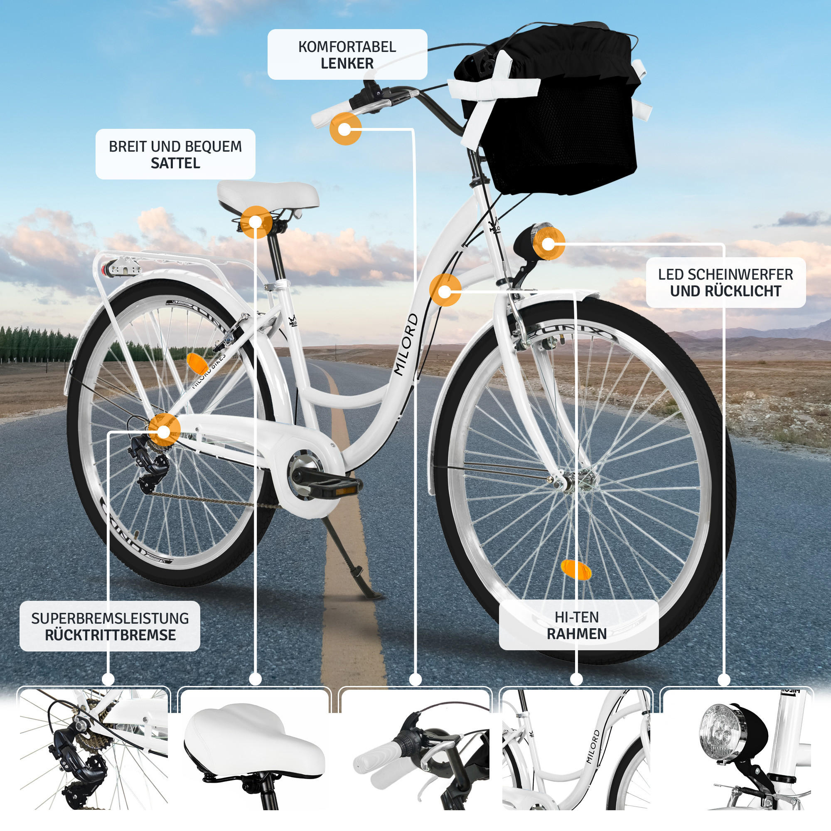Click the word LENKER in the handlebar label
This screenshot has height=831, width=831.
tap(347, 64)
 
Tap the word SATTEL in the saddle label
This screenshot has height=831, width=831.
tap(175, 163)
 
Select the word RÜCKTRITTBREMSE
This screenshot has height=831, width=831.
tap(110, 635)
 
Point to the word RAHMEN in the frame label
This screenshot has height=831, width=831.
tap(576, 634)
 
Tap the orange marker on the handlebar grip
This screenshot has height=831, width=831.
tap(345, 129)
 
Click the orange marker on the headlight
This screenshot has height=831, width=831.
tap(548, 244)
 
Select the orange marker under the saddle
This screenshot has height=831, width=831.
tap(256, 222)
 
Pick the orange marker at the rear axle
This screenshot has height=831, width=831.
tap(164, 430)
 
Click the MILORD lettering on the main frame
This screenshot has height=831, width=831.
tap(406, 344)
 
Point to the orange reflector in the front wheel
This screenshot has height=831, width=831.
tap(576, 570)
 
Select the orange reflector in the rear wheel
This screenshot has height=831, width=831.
tap(197, 364)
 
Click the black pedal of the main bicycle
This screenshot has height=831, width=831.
tap(335, 487)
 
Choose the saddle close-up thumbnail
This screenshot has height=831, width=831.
tap(255, 750)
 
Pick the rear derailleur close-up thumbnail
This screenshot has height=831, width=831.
tap(94, 750)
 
